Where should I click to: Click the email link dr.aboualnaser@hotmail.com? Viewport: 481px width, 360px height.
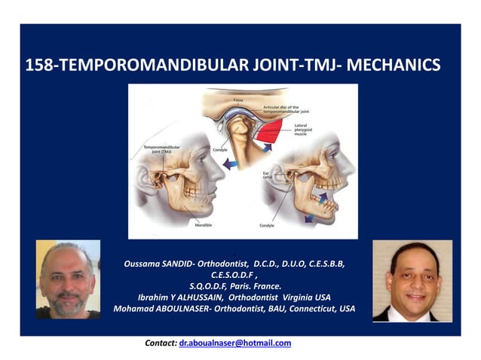coord(234,343)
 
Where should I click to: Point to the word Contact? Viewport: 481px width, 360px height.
coord(161,343)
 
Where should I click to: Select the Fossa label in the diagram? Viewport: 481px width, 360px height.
coord(239,100)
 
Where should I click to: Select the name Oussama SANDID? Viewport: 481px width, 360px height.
coord(159,263)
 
